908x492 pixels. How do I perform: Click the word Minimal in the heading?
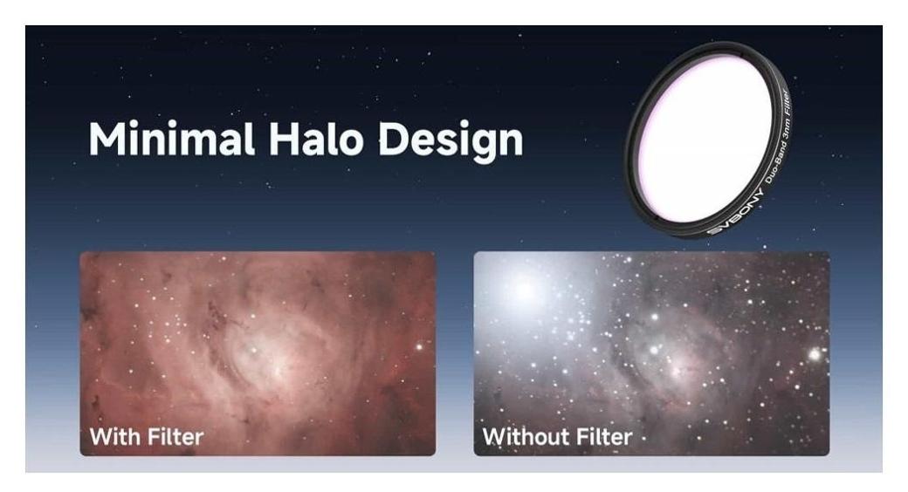point(171,139)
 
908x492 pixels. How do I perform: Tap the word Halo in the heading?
point(316,139)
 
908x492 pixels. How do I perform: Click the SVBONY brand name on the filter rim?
point(735,214)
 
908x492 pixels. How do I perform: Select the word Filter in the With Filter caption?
point(175,436)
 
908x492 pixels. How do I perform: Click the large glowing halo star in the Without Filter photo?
point(525,289)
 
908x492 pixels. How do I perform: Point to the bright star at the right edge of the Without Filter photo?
point(815,353)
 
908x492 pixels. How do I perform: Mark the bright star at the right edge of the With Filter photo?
point(419,346)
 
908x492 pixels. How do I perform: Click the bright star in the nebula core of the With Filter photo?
point(253,350)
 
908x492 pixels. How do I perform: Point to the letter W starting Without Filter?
point(495,436)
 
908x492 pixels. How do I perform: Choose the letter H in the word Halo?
point(283,139)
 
